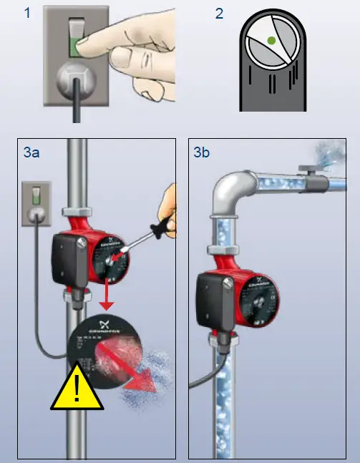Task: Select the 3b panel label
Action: coord(203,153)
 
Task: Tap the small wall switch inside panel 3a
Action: coord(33,200)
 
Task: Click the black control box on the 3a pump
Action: coord(65,257)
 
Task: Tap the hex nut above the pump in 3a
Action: coord(77,212)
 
